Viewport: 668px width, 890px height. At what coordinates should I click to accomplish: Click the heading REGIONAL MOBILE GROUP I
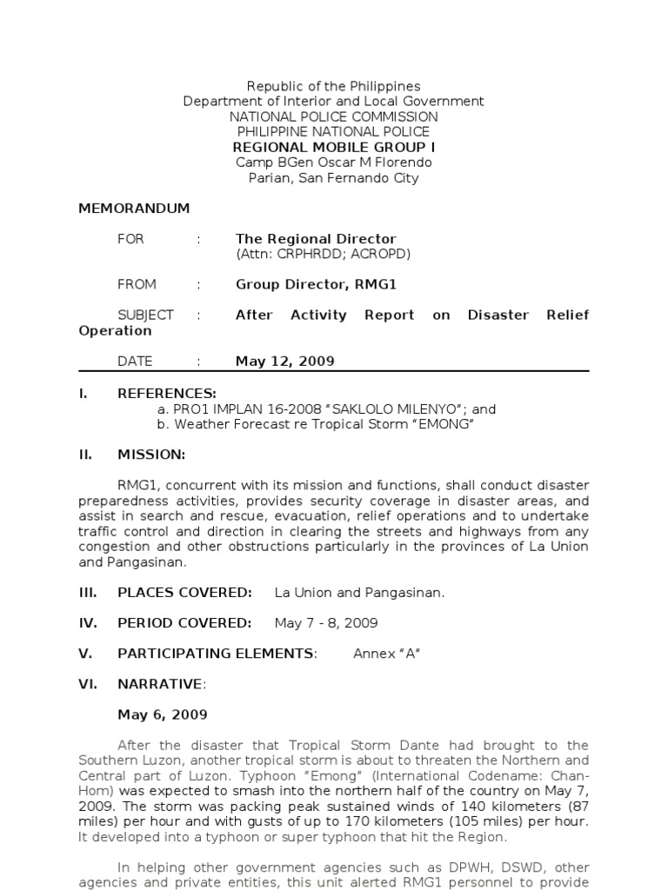point(333,147)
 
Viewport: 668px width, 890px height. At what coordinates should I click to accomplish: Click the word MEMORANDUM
point(134,209)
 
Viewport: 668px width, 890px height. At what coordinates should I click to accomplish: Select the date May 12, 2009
point(284,362)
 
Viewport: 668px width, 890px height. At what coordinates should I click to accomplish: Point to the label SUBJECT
point(145,315)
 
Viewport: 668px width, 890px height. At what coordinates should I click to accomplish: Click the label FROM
point(137,284)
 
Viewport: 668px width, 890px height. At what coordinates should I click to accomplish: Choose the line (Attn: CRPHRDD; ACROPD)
point(323,254)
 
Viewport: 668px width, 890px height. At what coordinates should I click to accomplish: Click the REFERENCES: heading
point(167,393)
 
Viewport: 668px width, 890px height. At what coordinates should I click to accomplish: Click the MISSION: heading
point(151,455)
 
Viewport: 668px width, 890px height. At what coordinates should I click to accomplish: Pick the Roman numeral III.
point(88,593)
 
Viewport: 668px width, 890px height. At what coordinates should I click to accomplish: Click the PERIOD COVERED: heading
point(184,623)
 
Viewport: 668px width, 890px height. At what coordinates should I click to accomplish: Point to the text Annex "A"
point(386,654)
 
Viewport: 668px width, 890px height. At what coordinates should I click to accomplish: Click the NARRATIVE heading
point(160,684)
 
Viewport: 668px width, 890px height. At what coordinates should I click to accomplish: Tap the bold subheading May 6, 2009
point(163,714)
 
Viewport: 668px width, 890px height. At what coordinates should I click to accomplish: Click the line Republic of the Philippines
point(333,86)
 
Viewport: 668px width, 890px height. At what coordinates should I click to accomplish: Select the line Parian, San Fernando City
point(333,178)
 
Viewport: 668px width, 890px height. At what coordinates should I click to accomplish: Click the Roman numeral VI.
point(87,684)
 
